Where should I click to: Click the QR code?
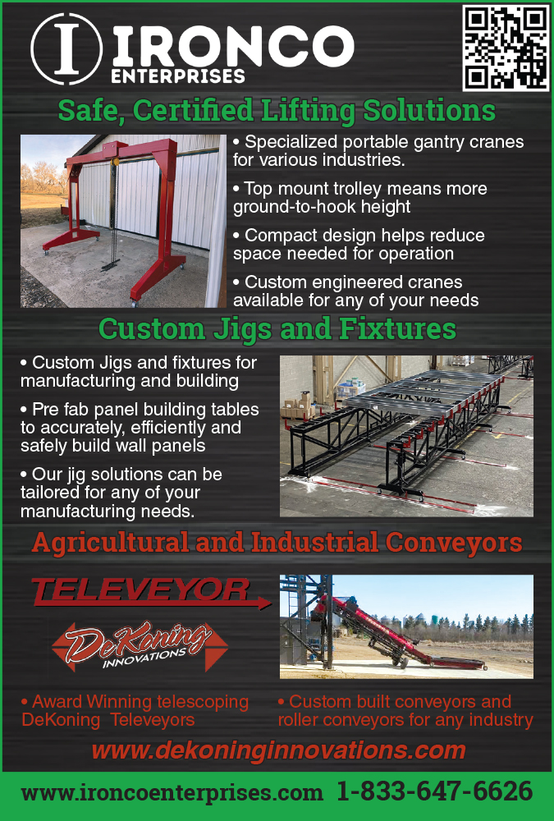pos(506,48)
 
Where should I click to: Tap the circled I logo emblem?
pos(66,48)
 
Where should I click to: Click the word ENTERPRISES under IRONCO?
pos(178,76)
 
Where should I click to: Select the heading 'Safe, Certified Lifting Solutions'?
pos(277,111)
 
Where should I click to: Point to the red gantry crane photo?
pos(123,221)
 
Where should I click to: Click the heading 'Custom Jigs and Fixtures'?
pos(277,329)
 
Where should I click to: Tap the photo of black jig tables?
pos(406,436)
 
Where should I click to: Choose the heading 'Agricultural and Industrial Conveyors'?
pos(277,543)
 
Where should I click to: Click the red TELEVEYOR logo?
pos(151,593)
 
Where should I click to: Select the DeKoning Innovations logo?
pos(140,646)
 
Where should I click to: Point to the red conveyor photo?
pos(406,626)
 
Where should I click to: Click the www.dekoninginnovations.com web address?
pos(278,750)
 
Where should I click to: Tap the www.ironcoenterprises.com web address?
pos(172,793)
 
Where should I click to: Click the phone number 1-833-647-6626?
pos(435,791)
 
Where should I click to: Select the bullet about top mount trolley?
pos(360,197)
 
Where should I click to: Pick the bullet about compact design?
pos(359,245)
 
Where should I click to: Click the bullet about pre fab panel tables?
pos(140,427)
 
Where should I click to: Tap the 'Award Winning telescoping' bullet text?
pos(135,710)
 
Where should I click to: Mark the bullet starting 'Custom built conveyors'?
pos(405,710)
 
